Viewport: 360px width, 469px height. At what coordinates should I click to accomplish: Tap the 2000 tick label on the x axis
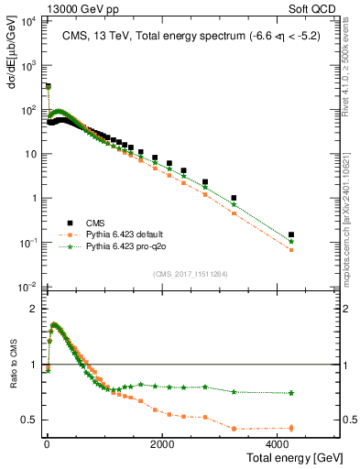(x=161, y=444)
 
